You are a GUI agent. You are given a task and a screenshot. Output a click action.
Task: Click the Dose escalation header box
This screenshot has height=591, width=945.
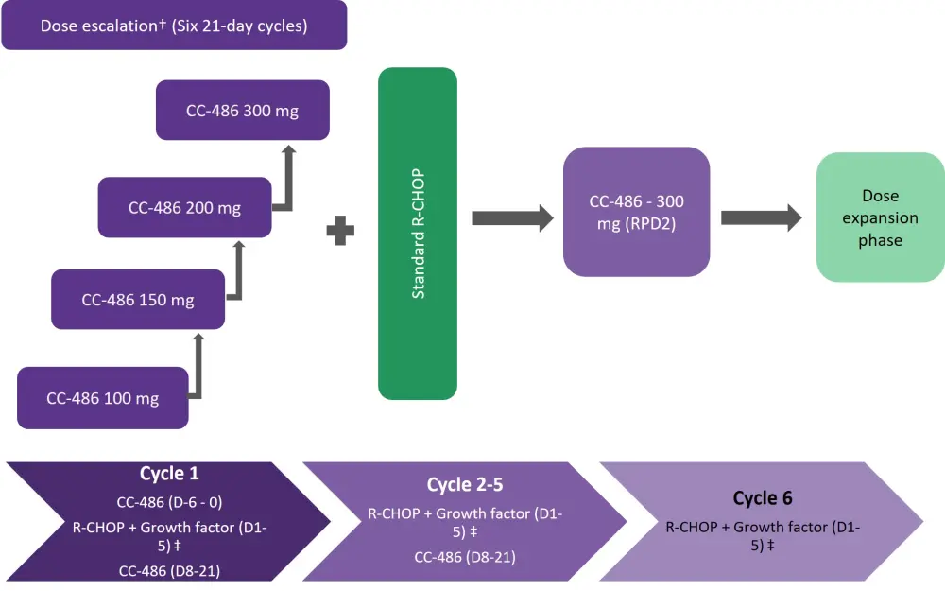(174, 26)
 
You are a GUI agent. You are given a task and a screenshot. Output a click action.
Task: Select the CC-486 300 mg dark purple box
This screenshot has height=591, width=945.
(242, 112)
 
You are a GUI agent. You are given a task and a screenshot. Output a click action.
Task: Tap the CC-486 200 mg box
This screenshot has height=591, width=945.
(184, 207)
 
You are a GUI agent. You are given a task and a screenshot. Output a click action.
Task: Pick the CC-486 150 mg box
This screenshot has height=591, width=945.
(138, 300)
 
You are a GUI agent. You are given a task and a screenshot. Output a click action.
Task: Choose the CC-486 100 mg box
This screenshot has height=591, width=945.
(102, 398)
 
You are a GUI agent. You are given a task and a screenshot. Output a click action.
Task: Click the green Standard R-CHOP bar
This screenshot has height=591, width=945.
(417, 234)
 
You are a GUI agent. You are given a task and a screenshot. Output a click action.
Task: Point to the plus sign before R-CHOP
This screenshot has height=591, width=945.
(340, 230)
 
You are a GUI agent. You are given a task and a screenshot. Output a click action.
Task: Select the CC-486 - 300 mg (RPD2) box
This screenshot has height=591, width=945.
(636, 212)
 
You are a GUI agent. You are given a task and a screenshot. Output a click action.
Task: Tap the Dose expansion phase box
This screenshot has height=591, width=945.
(880, 218)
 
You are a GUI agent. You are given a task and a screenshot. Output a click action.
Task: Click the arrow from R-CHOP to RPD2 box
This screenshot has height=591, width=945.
(511, 218)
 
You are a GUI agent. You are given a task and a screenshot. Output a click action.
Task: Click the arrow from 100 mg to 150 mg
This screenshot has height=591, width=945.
(198, 364)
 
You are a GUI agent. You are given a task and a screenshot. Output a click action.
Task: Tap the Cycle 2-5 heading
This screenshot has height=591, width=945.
(464, 485)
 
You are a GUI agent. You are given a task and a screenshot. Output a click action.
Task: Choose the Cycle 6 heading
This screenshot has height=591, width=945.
(763, 498)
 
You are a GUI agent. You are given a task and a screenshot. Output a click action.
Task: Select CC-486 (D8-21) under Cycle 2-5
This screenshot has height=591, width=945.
(464, 557)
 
